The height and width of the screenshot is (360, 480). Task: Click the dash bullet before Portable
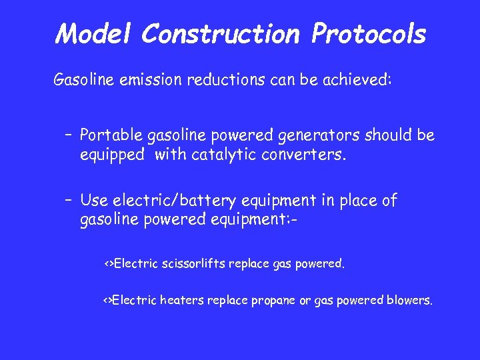click(x=69, y=136)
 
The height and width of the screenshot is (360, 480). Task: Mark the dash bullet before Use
click(x=69, y=201)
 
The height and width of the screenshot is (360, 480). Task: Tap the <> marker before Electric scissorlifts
click(x=108, y=263)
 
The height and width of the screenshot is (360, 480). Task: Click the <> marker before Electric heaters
click(x=107, y=300)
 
